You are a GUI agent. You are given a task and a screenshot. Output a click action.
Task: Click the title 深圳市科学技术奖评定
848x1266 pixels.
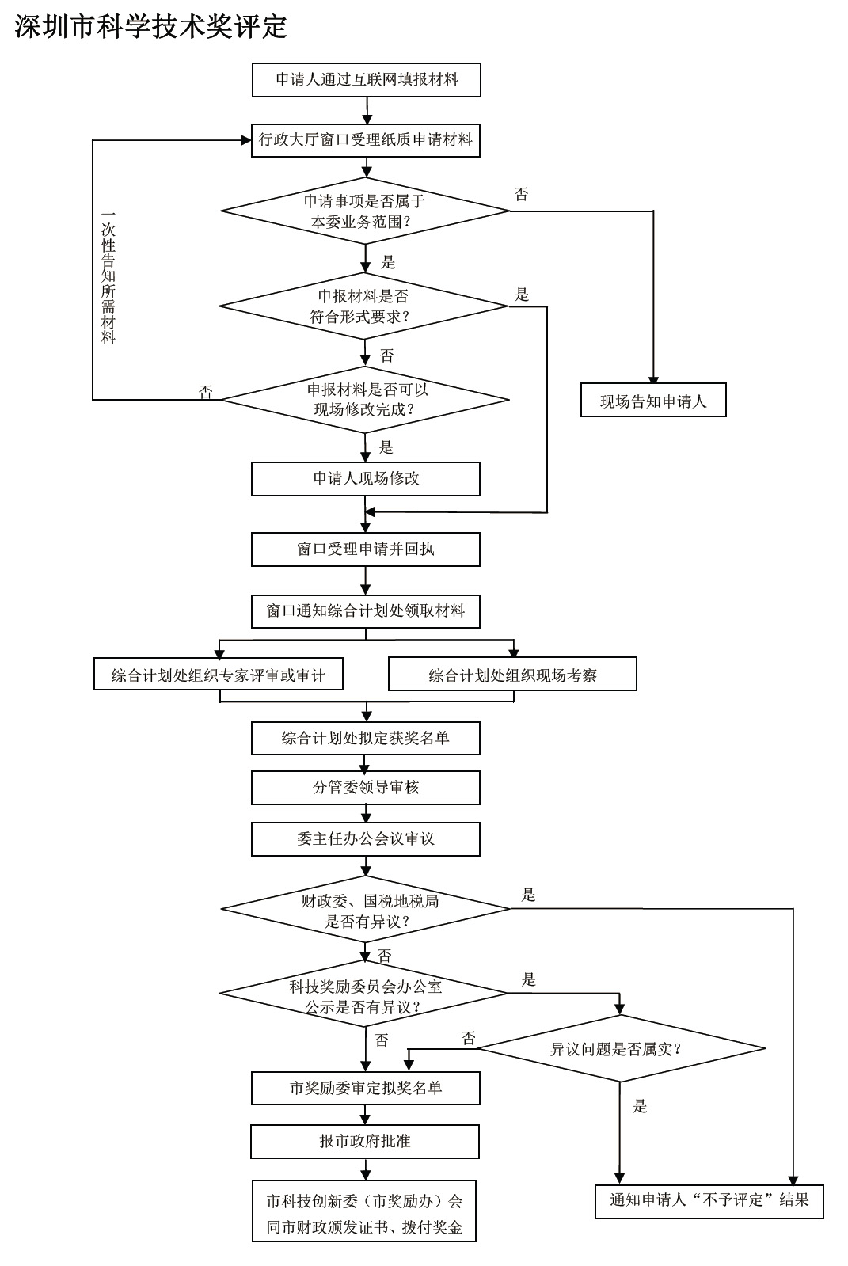click(x=151, y=26)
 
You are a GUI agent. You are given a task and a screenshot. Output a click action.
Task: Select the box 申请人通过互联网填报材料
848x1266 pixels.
click(x=366, y=80)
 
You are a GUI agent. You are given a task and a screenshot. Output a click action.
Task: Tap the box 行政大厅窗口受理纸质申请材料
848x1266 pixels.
click(x=366, y=140)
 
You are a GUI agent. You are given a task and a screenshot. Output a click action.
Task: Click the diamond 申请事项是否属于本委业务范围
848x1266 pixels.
click(x=365, y=211)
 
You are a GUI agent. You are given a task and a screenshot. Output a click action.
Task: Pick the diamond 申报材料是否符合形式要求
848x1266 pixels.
click(x=363, y=306)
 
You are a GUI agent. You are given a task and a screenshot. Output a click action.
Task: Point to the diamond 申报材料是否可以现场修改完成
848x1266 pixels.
click(x=365, y=399)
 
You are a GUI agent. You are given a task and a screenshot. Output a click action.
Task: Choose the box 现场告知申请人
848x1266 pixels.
click(x=653, y=401)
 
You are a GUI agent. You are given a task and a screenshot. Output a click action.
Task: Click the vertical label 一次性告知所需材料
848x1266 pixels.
click(x=108, y=277)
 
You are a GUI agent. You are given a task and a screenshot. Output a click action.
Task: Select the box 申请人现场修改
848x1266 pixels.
click(x=366, y=478)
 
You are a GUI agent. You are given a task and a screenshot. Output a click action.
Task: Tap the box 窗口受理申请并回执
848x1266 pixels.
click(x=366, y=549)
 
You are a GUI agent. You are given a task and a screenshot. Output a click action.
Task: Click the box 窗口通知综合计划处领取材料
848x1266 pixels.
click(x=366, y=610)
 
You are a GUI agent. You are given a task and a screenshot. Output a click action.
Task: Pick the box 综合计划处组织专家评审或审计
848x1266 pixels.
click(x=218, y=675)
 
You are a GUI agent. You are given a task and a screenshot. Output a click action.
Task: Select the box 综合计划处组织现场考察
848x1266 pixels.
click(x=512, y=675)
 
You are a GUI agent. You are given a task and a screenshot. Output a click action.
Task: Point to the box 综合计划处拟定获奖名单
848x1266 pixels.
click(x=366, y=738)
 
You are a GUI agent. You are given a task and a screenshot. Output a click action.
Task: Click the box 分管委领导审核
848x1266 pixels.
click(x=366, y=787)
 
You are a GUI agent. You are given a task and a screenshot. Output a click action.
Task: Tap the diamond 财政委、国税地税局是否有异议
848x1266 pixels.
click(x=365, y=910)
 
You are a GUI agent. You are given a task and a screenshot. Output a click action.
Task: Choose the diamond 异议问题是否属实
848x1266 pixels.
click(x=621, y=1049)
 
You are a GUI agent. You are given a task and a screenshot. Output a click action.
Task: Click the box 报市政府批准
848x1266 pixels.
click(x=365, y=1141)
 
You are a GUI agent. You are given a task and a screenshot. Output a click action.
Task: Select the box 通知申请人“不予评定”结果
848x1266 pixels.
click(x=709, y=1200)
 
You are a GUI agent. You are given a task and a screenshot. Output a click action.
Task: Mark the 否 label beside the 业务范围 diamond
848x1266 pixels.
click(x=521, y=195)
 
